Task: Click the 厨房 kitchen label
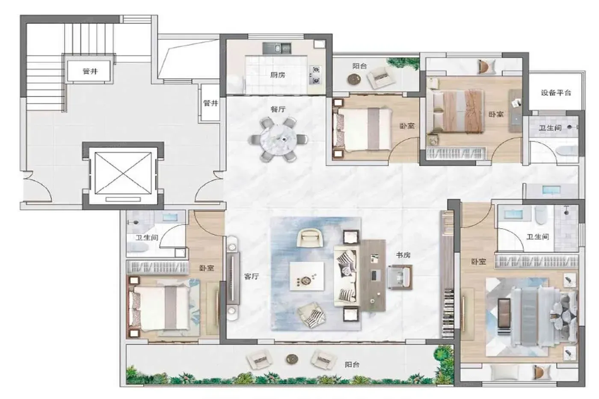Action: pyautogui.click(x=278, y=75)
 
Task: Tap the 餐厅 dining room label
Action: pyautogui.click(x=278, y=109)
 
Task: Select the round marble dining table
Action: pyautogui.click(x=278, y=140)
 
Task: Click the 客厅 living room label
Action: pyautogui.click(x=252, y=276)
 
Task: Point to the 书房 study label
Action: pyautogui.click(x=403, y=255)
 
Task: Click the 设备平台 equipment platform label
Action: pyautogui.click(x=556, y=93)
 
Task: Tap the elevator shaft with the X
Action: pyautogui.click(x=123, y=173)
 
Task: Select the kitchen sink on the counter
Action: pyautogui.click(x=277, y=48)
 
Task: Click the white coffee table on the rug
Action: pyautogui.click(x=307, y=276)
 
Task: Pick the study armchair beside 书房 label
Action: pyautogui.click(x=400, y=277)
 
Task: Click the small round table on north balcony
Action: pyautogui.click(x=354, y=79)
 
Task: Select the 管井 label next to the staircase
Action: pyautogui.click(x=90, y=71)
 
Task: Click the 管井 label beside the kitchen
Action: pyautogui.click(x=211, y=103)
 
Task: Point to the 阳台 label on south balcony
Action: pyautogui.click(x=352, y=364)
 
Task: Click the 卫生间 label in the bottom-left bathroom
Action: pyautogui.click(x=147, y=237)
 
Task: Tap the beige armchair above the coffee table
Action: pyautogui.click(x=310, y=237)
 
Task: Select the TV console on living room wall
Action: pyautogui.click(x=233, y=278)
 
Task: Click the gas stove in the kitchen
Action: pyautogui.click(x=316, y=75)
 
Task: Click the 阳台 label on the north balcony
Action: pyautogui.click(x=359, y=66)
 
